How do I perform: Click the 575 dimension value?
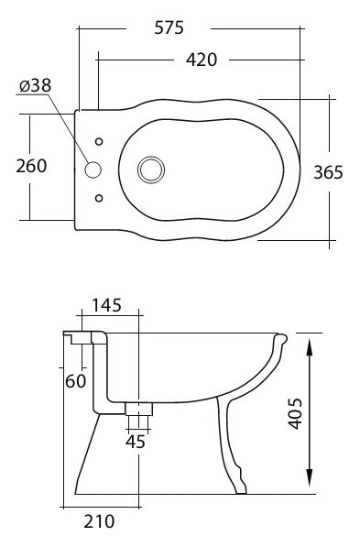(x=169, y=27)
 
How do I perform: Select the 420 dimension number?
(x=202, y=60)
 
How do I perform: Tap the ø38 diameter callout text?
(x=35, y=85)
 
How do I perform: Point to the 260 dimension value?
(x=31, y=166)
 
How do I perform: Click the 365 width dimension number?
(x=328, y=172)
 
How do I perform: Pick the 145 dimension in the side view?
(x=107, y=305)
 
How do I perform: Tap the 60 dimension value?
(x=75, y=381)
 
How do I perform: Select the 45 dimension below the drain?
(x=136, y=442)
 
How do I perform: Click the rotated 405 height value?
(x=295, y=413)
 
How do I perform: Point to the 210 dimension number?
(x=99, y=521)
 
